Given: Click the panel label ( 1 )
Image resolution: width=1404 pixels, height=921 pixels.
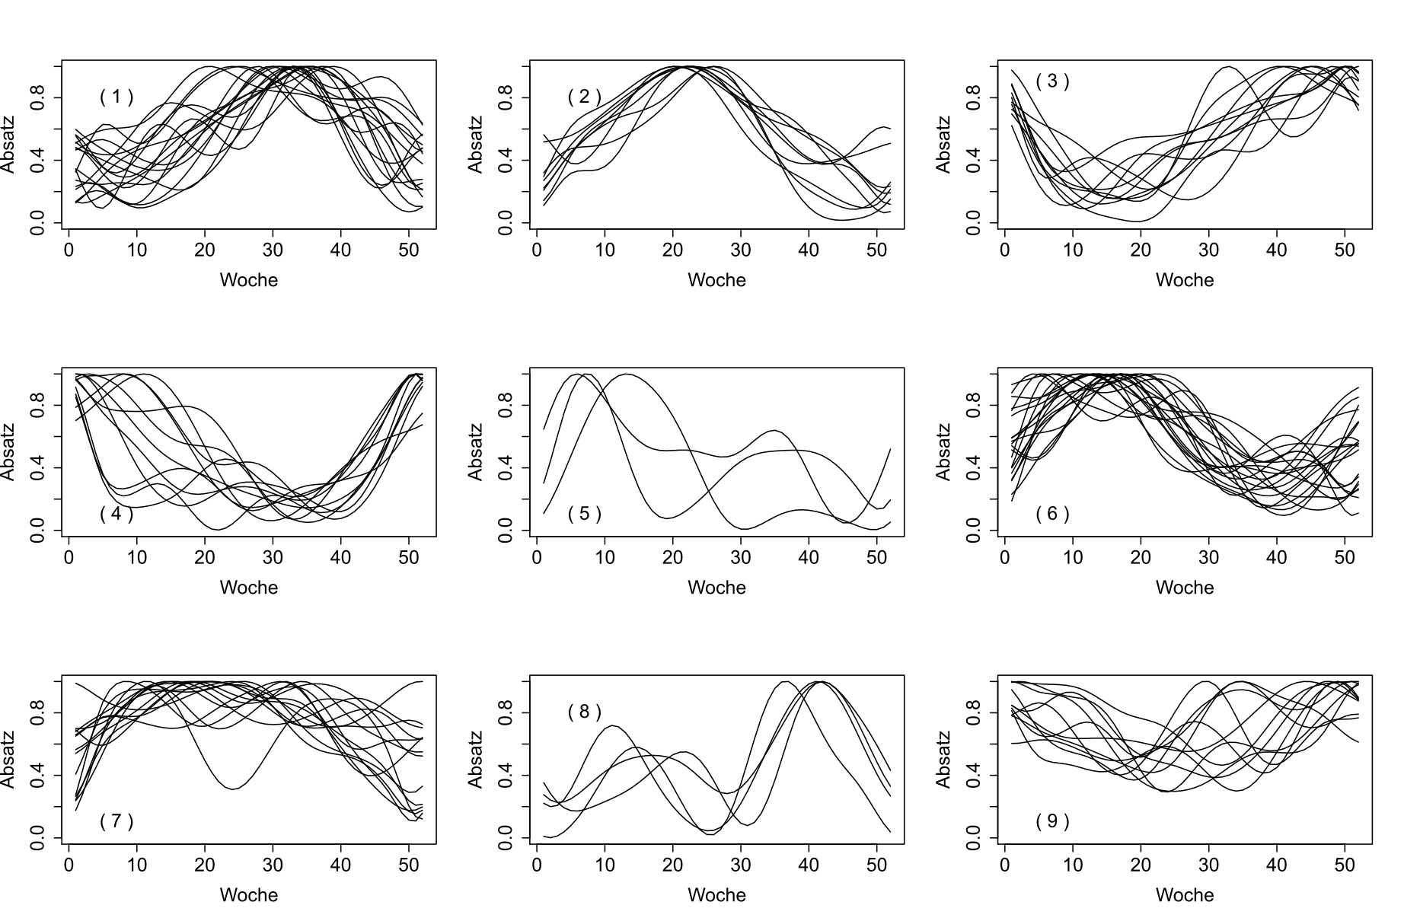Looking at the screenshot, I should (x=116, y=97).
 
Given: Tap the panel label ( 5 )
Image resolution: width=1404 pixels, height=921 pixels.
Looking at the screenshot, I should (x=585, y=514).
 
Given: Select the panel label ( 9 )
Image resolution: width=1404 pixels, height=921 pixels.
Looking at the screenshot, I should (x=1052, y=821).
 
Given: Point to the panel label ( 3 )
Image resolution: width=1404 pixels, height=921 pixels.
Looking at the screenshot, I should (x=1052, y=81).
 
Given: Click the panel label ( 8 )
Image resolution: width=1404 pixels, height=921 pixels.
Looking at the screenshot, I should (x=585, y=712).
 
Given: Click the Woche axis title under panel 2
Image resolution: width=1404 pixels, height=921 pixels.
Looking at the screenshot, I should (x=716, y=280).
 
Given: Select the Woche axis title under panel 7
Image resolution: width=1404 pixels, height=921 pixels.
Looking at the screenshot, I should (x=249, y=895).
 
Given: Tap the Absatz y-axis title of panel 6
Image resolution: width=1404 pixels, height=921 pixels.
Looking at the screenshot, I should (x=944, y=452).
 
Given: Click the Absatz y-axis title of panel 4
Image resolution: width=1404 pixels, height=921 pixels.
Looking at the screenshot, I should (x=8, y=452).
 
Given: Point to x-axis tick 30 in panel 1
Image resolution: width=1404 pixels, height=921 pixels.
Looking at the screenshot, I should (x=273, y=250).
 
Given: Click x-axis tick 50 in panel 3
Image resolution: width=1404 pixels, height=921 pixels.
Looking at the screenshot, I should (x=1345, y=250).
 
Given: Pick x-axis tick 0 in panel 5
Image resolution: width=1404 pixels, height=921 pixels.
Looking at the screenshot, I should (x=537, y=557).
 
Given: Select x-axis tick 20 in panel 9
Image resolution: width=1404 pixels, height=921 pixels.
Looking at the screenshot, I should (x=1141, y=865).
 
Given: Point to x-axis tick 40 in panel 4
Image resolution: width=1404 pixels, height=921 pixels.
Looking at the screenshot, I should (x=340, y=557).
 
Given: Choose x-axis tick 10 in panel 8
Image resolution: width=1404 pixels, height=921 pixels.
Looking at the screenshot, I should (x=605, y=865).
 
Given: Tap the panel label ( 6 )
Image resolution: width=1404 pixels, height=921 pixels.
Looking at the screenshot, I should (x=1052, y=514).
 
